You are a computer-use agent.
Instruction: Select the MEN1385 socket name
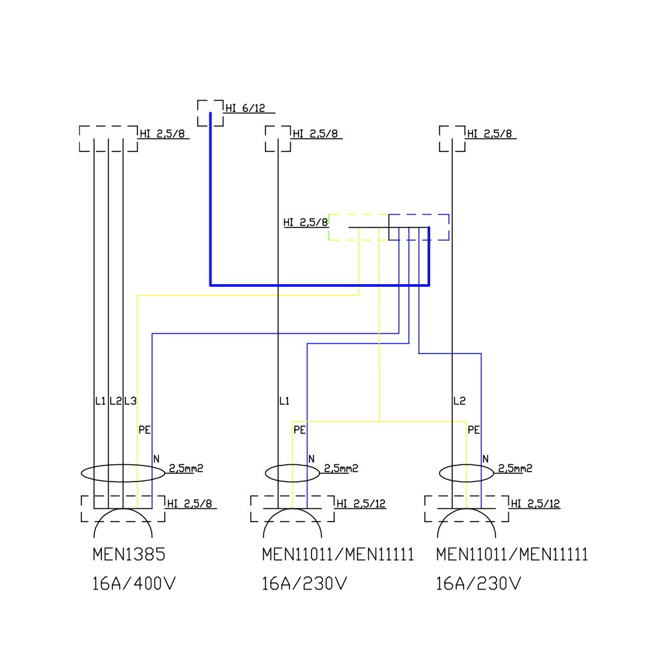[x=129, y=555]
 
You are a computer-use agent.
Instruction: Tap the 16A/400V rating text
[x=133, y=585]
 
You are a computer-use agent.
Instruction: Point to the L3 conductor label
[x=130, y=401]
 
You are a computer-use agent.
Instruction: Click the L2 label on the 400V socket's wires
[x=115, y=401]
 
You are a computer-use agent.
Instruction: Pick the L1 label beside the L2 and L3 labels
[x=101, y=401]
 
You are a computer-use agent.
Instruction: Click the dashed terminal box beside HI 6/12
[x=210, y=113]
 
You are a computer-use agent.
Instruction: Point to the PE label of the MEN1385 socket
[x=144, y=430]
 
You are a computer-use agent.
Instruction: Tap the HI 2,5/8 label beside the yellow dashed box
[x=305, y=222]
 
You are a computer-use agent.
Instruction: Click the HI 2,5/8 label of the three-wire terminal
[x=163, y=133]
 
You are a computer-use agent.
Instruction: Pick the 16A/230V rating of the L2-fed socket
[x=478, y=585]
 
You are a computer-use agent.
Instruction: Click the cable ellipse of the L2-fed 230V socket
[x=467, y=473]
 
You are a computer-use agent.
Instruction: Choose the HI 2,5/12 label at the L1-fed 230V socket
[x=362, y=504]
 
